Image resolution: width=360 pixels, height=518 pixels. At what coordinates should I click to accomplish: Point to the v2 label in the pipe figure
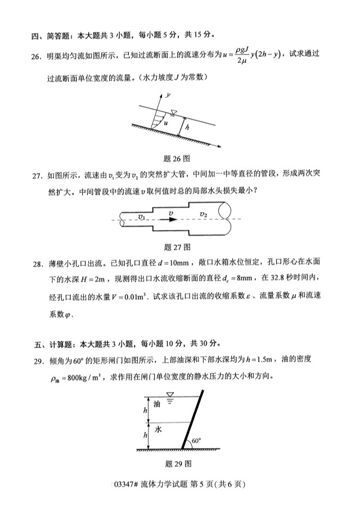(204, 214)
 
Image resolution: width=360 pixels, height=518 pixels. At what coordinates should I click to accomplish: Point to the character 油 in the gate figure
(157, 403)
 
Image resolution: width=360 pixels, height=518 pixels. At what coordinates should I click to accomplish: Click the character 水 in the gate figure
(158, 429)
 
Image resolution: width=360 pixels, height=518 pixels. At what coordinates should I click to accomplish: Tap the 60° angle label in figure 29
(196, 441)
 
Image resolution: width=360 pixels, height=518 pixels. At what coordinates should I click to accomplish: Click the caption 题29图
(179, 464)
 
